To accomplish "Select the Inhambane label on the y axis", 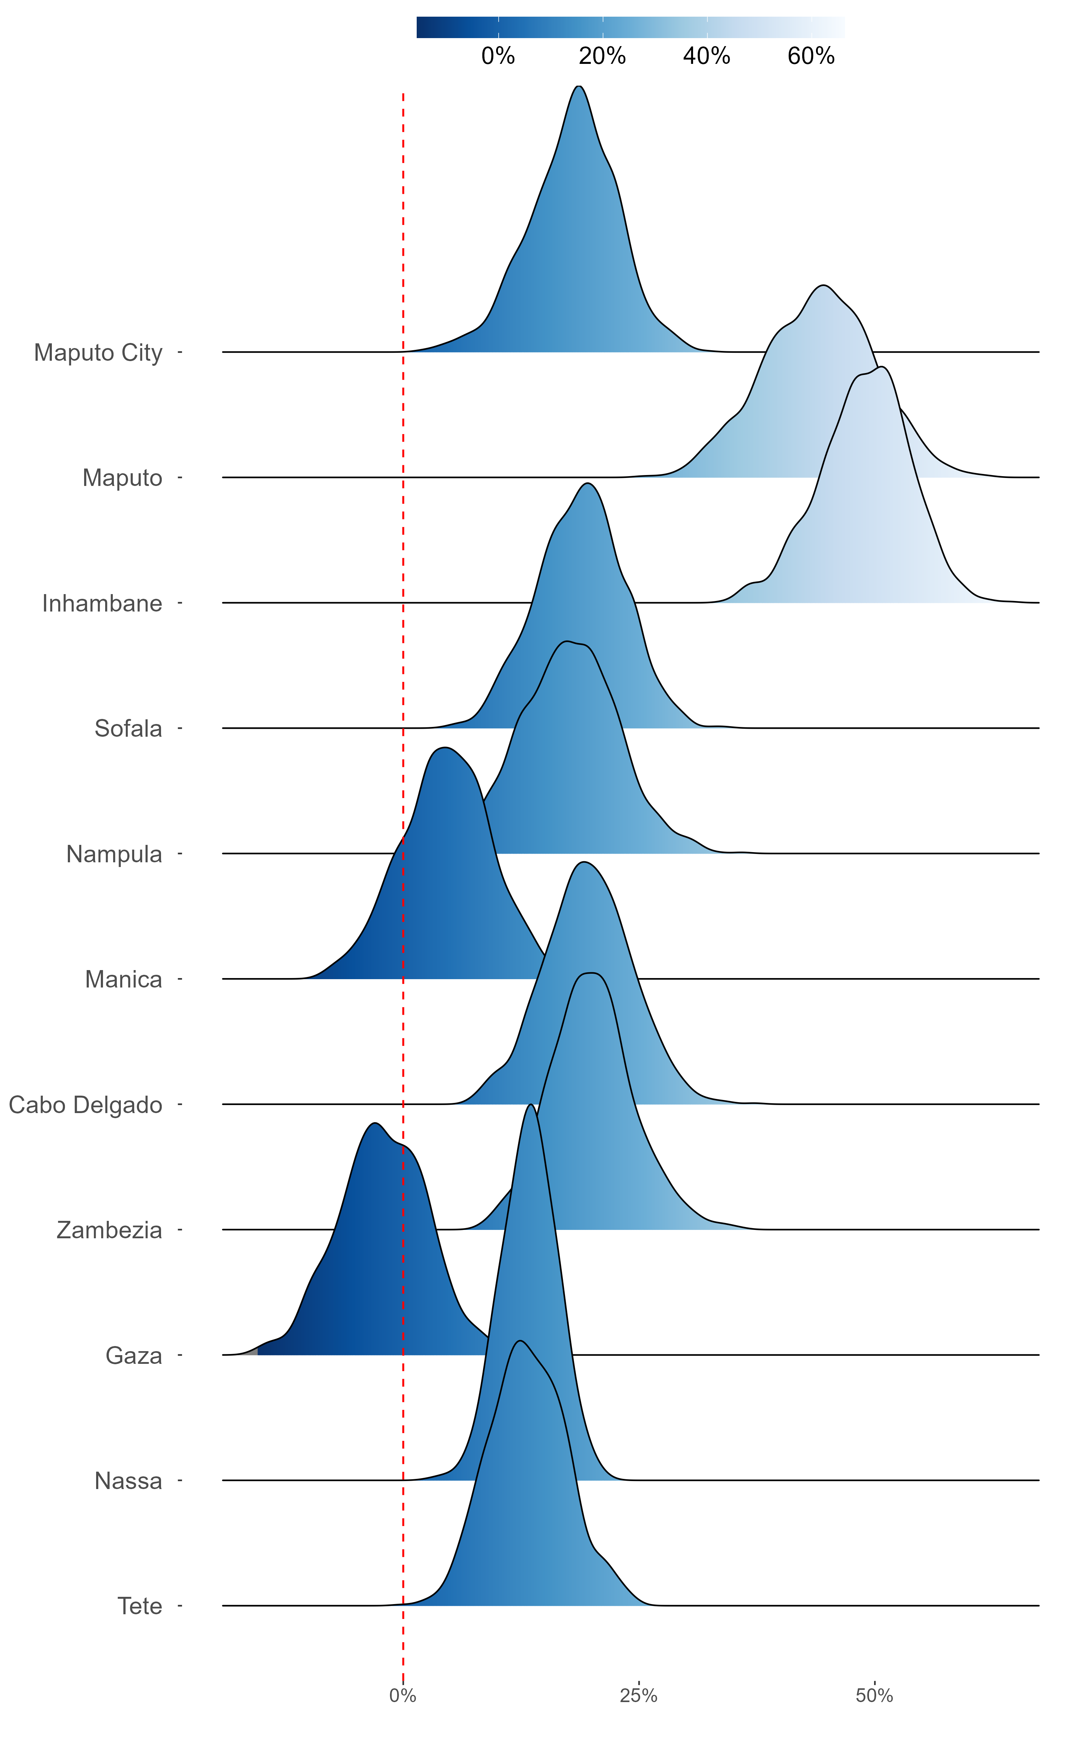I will [x=102, y=603].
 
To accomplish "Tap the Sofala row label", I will [x=128, y=728].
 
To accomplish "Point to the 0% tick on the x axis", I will [x=403, y=1696].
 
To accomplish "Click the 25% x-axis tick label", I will [x=638, y=1696].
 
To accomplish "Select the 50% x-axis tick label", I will [x=874, y=1696].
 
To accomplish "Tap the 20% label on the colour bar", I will [x=602, y=56].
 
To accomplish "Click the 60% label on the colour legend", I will [x=811, y=56].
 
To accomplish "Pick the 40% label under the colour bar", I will [x=706, y=56].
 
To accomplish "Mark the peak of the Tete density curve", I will [x=520, y=1341].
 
